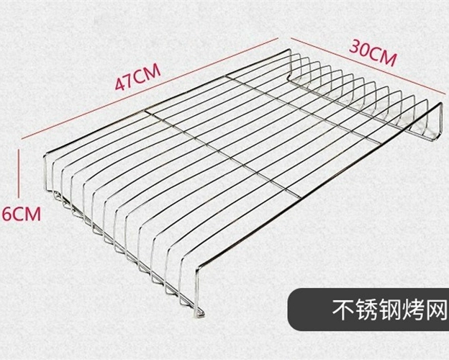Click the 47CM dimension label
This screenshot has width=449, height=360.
(137, 76)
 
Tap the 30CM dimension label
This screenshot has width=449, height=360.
(373, 53)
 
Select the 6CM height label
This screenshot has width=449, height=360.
(22, 214)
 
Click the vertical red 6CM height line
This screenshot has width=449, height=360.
(19, 173)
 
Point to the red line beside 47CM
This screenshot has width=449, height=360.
(150, 89)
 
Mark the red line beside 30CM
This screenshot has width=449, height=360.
(370, 66)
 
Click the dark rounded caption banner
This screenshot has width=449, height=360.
(368, 310)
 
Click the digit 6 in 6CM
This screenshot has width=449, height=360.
(7, 214)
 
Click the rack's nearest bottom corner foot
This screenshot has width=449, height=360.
(199, 313)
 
